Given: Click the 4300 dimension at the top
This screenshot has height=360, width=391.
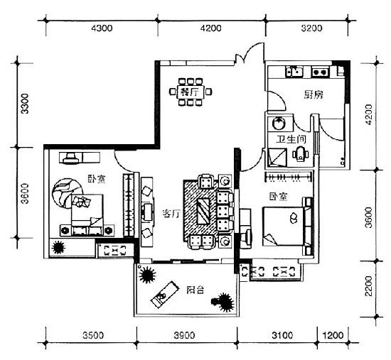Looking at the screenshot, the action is (x=102, y=28).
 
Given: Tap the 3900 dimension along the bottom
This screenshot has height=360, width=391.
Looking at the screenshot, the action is (x=184, y=335).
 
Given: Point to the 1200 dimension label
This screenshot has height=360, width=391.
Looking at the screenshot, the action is (x=333, y=335).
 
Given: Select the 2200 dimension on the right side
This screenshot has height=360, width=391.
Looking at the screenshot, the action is (x=368, y=286).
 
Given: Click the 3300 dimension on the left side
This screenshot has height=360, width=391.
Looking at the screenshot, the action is (x=25, y=104).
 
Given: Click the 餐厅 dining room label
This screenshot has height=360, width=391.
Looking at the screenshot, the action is (x=190, y=92).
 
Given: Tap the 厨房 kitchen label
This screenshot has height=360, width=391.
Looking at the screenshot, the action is (x=314, y=94).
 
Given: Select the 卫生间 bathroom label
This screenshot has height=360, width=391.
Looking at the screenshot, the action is (x=291, y=139).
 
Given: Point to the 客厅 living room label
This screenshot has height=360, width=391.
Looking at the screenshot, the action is (x=171, y=214).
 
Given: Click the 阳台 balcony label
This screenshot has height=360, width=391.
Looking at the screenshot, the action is (x=195, y=290).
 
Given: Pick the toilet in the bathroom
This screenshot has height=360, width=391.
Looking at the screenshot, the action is (x=300, y=154).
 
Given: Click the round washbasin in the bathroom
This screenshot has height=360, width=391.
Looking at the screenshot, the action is (x=279, y=124).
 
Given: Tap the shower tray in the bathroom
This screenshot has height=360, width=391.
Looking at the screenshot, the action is (x=277, y=158).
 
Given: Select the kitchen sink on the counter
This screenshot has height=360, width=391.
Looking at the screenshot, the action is (x=294, y=71).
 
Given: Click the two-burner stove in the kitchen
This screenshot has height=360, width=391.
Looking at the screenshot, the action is (x=320, y=72).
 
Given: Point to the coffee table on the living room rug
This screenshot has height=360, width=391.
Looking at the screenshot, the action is (x=203, y=212).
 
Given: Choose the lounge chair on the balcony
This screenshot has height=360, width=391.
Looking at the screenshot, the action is (x=165, y=295).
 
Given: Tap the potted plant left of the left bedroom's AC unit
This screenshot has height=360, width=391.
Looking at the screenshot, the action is (x=58, y=247).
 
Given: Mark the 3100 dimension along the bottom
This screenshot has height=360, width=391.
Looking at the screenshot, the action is (x=282, y=335).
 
